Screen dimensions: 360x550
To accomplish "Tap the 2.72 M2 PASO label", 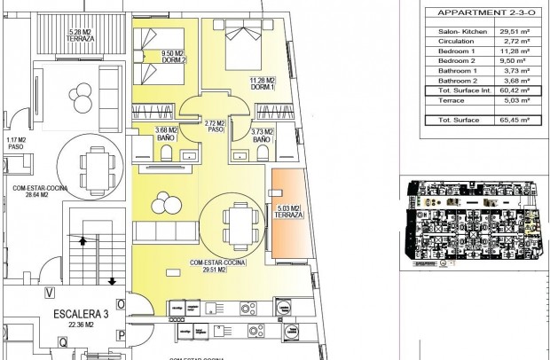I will point(214,126).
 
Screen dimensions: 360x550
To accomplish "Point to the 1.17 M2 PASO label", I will point(16,142).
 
